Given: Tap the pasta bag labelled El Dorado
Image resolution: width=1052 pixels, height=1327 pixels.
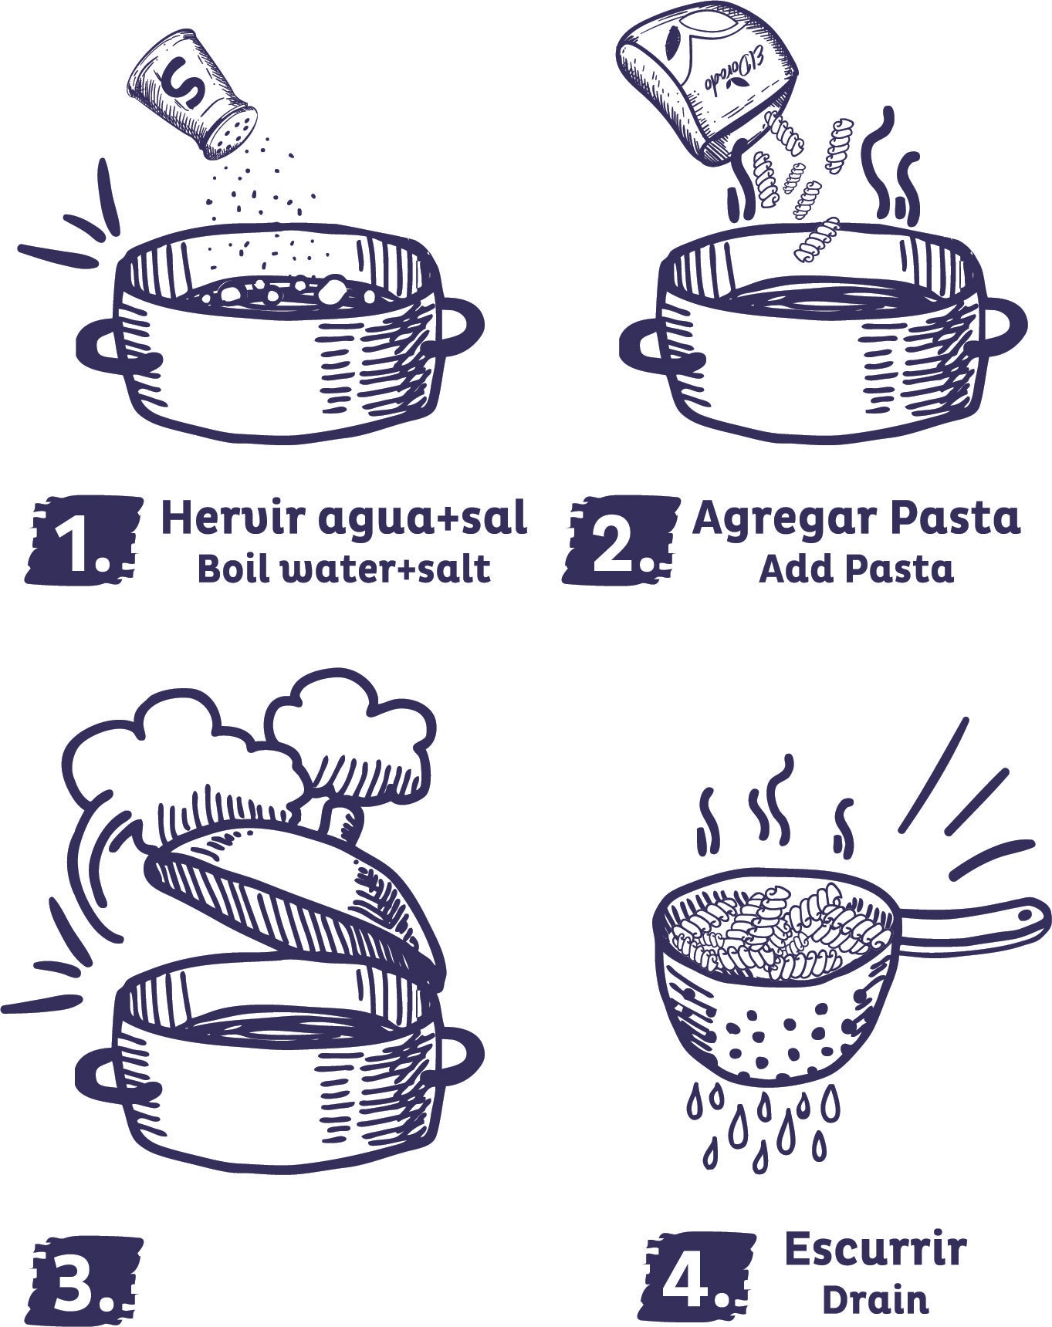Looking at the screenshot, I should (x=706, y=73).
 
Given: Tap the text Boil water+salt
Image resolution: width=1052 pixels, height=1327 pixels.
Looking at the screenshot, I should (x=343, y=569).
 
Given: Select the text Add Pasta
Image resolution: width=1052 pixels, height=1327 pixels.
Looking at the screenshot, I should (x=856, y=569).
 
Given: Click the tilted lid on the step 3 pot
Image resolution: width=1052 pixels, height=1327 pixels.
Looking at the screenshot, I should (x=293, y=895).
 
